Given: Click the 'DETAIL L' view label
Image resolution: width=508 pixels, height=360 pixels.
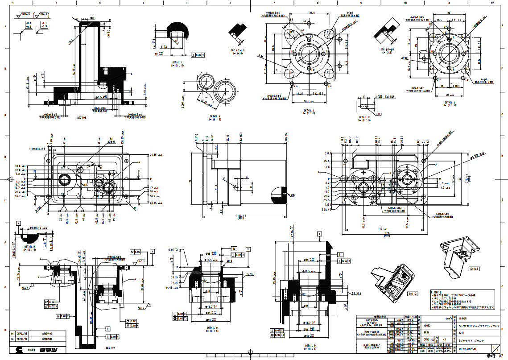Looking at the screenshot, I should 177,62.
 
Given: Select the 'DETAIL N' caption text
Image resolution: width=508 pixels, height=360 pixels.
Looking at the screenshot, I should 215,116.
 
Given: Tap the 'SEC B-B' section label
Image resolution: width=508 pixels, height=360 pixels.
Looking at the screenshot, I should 81,117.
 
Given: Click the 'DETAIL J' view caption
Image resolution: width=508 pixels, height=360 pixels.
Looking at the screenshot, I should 450,103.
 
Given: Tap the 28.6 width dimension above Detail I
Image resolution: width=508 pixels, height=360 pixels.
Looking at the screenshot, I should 312,13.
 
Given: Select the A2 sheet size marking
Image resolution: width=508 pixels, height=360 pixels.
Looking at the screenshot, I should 501,356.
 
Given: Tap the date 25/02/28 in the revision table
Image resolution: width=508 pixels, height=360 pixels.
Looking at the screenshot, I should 22,333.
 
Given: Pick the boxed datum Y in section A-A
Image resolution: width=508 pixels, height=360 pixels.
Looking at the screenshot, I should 108,328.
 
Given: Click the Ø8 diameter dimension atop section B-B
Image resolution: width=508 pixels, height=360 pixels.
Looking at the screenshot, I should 92,17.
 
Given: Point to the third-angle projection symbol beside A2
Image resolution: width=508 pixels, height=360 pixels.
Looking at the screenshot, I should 491,356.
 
